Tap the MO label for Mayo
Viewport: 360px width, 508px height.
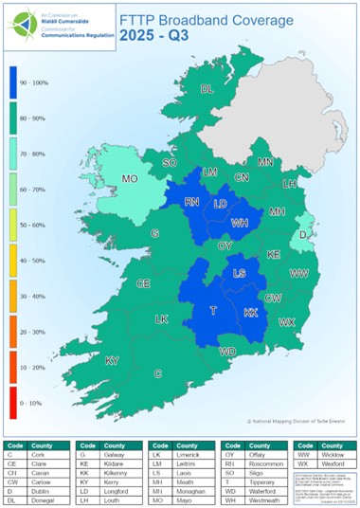click(131, 178)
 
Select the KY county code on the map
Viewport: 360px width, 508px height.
click(112, 360)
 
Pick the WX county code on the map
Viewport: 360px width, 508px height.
click(286, 322)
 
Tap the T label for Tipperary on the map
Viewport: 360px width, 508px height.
click(213, 311)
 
